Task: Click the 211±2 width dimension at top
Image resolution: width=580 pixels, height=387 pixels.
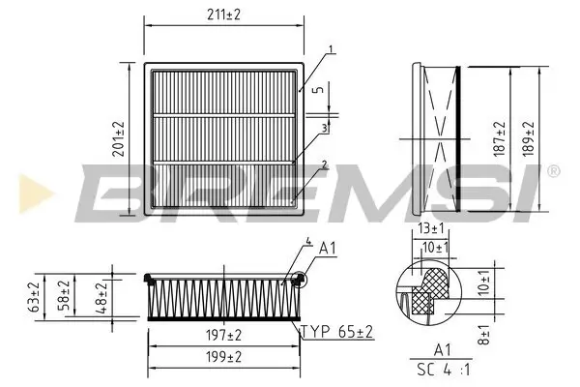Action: [222, 15]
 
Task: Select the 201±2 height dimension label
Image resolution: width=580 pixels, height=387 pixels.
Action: [120, 139]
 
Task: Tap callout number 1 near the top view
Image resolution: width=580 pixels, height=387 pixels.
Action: [330, 48]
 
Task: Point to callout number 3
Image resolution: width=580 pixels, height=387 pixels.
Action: [326, 127]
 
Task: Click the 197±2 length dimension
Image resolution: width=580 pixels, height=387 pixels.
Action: [223, 335]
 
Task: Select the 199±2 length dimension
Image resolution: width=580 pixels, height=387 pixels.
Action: [223, 357]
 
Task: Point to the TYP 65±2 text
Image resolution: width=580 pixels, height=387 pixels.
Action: [338, 331]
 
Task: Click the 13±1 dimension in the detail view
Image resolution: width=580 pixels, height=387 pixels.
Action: [431, 228]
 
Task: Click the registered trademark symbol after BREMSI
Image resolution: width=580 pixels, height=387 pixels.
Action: [553, 171]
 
